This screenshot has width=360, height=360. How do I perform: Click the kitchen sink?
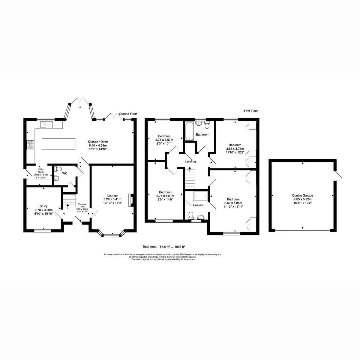[x=46, y=124]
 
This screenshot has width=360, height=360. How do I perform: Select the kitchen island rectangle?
[x=58, y=144]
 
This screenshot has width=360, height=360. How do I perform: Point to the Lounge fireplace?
[x=130, y=200]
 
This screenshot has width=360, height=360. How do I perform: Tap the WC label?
[x=65, y=173]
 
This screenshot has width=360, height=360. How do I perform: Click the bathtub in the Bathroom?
[x=189, y=131]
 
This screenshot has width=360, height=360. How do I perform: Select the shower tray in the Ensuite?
[x=201, y=196]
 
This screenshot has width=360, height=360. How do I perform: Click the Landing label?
[x=190, y=161]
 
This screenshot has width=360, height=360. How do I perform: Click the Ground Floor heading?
[x=128, y=114]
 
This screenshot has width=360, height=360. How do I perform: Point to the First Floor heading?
[x=251, y=111]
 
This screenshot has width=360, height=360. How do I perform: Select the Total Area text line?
[x=164, y=247]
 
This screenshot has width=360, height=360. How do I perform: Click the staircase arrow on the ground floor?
[x=67, y=206]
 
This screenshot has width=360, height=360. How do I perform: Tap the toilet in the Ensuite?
[x=191, y=215]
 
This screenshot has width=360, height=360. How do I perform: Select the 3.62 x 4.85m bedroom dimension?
[x=233, y=203]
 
